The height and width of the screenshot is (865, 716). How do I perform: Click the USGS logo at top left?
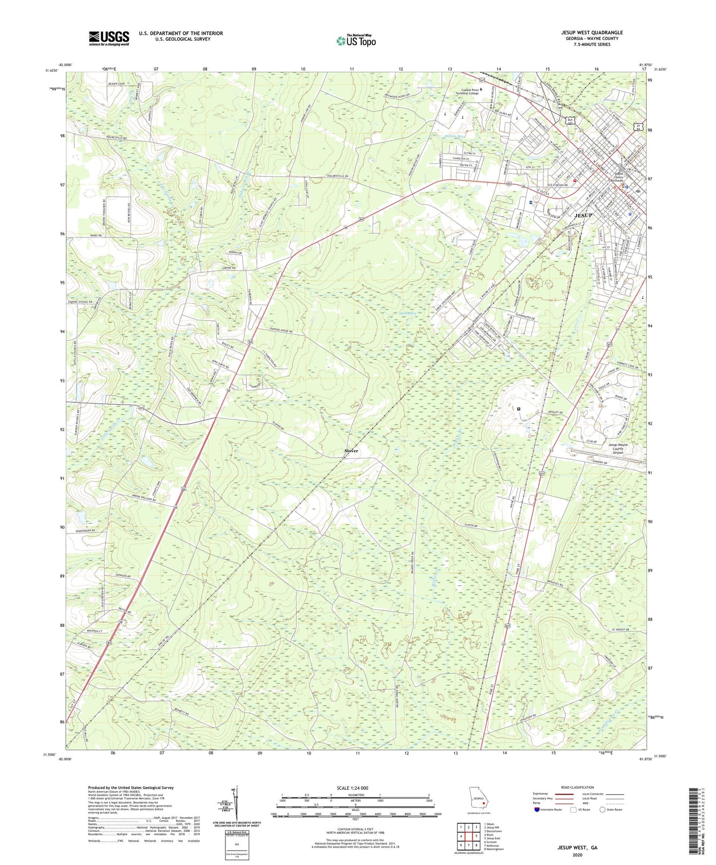coord(109,38)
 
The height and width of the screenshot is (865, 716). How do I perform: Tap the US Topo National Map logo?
coord(355,41)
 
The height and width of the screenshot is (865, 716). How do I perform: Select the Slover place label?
coord(351,451)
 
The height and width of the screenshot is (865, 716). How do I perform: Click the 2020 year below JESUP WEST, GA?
coord(577,855)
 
